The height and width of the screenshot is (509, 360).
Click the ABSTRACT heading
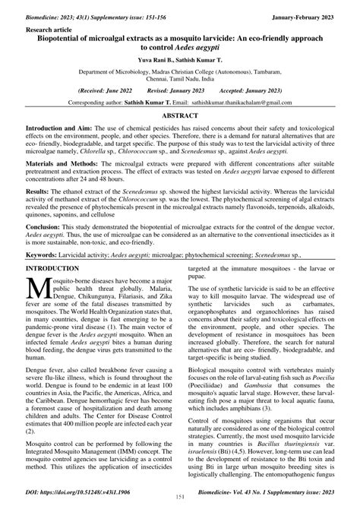pos(180,114)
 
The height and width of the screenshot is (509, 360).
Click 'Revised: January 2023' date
pos(179,89)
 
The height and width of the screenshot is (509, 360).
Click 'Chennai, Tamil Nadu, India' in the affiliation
pos(180,79)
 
